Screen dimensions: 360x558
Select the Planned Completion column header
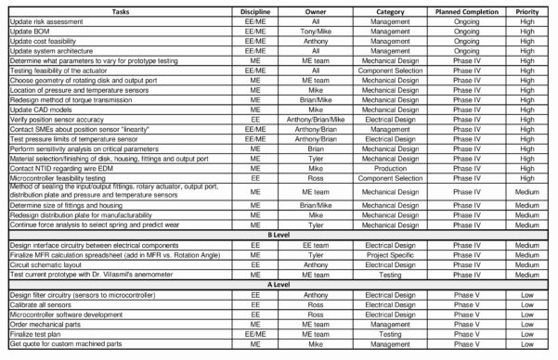tap(461, 11)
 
